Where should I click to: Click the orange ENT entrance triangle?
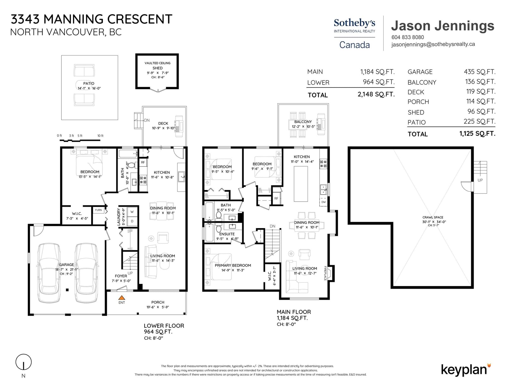pos(121,298)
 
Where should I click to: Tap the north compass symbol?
pos(23,362)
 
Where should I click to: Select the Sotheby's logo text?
pos(355,23)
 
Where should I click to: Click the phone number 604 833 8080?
pos(408,37)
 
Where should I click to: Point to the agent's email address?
pos(433,44)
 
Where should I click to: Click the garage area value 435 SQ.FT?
pos(479,72)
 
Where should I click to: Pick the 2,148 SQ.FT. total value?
pos(376,94)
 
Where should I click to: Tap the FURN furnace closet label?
pos(98,210)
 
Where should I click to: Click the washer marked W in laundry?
pos(132,212)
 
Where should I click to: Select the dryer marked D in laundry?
pos(132,221)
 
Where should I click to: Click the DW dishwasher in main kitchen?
pos(324,202)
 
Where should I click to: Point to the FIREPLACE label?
pos(325,273)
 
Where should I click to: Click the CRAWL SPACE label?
pos(433,217)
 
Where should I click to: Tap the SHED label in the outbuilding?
pos(157,68)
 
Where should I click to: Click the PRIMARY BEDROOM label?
pos(233,265)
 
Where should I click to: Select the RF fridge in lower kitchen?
pos(143,162)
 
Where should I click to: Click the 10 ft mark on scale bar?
pos(100,136)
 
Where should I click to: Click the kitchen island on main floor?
pos(301,184)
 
